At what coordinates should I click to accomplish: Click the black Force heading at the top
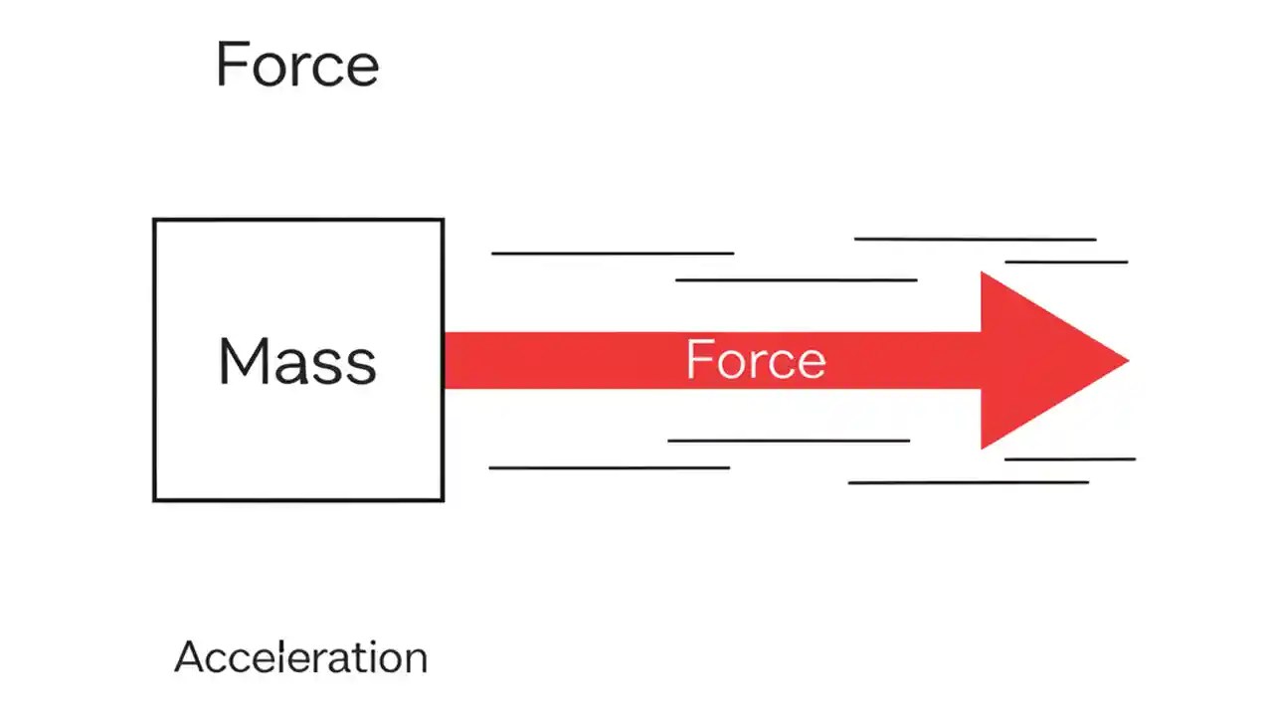click(296, 66)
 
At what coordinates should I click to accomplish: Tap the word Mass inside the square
click(297, 361)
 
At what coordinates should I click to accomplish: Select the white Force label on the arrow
click(756, 360)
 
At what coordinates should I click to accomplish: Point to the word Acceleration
click(300, 657)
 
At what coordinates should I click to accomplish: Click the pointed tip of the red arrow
click(1127, 360)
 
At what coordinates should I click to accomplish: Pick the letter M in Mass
click(240, 361)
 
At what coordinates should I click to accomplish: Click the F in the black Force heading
click(230, 66)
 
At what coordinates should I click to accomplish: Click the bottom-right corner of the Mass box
click(442, 499)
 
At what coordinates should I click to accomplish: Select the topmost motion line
click(975, 239)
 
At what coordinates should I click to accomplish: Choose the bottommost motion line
click(968, 482)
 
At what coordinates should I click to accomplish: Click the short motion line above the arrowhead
click(1066, 262)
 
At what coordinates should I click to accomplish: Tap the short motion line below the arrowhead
click(1069, 458)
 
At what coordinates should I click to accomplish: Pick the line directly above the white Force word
click(796, 280)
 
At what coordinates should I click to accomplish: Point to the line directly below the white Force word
click(789, 440)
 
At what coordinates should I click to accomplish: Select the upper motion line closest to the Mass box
click(613, 254)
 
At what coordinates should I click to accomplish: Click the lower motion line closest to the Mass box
click(610, 467)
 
